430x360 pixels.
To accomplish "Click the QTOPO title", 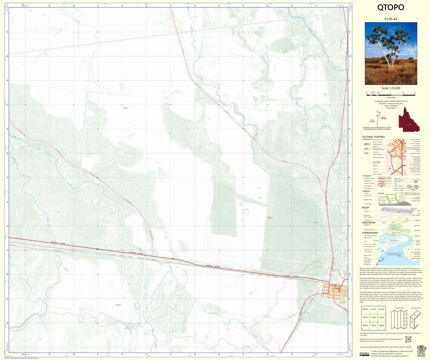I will pos(391,8).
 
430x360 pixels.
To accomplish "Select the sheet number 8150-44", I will pos(391,18).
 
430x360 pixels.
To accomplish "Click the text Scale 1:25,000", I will pos(391,88).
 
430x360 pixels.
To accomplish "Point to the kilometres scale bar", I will pos(391,93).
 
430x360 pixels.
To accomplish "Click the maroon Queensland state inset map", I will pos(410,119).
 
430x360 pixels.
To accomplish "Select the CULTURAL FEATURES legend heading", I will pos(373,137).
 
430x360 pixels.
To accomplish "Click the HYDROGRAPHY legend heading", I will pos(370,233).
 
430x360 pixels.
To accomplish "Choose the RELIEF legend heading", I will pos(365,207).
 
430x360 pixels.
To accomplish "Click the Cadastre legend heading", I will pos(367,191).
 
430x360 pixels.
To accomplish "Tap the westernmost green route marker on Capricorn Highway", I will pos(98,249).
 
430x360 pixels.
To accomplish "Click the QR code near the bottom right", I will pos(408,339).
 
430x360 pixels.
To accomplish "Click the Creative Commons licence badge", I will pos(364,354).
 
